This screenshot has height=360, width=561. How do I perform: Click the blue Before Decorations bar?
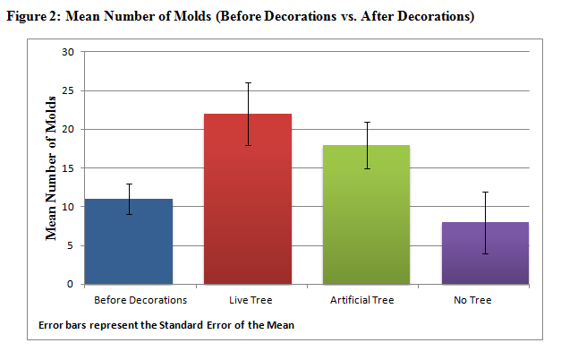(x=129, y=242)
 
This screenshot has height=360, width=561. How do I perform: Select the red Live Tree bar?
(x=248, y=199)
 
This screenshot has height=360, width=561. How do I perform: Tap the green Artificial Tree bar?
(x=366, y=215)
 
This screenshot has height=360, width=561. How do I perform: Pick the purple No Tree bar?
(x=485, y=253)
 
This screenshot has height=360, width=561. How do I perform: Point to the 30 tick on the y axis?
(x=68, y=52)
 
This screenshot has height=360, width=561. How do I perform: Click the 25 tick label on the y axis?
(x=68, y=91)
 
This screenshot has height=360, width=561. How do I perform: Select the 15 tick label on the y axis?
(x=68, y=168)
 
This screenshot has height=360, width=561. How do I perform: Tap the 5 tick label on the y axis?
(x=70, y=245)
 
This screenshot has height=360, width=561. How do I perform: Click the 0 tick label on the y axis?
(x=70, y=285)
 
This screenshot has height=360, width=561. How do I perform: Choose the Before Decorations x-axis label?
(x=140, y=300)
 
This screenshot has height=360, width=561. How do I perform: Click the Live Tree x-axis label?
(x=251, y=300)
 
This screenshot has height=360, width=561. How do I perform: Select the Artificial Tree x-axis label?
(x=362, y=300)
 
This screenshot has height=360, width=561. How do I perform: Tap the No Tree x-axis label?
(x=472, y=300)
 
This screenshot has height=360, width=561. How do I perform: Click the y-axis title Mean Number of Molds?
(x=51, y=168)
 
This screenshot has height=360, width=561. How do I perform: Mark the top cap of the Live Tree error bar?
(x=249, y=82)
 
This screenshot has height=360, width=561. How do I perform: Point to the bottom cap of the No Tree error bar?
(x=486, y=253)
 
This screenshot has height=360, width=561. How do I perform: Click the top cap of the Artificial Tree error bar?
(x=367, y=122)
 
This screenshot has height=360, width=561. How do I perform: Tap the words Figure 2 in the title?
(x=33, y=16)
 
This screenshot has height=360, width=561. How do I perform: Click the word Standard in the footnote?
(x=181, y=325)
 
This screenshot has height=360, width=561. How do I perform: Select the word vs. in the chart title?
(x=348, y=16)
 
